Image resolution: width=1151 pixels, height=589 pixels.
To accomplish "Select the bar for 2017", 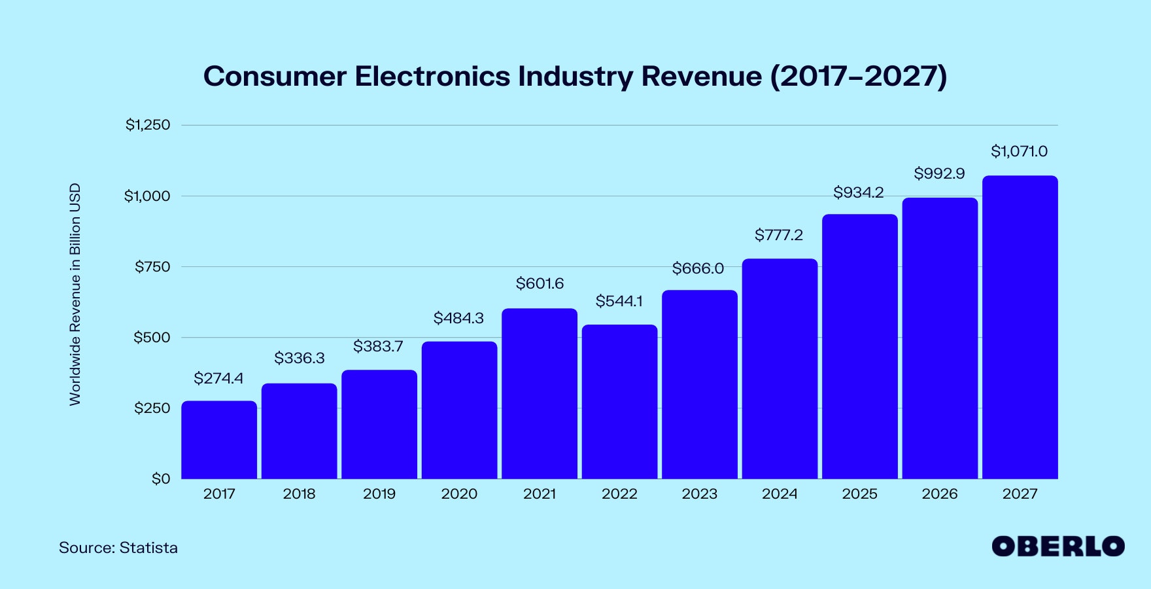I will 219,440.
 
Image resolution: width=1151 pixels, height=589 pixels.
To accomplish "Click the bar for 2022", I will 619,402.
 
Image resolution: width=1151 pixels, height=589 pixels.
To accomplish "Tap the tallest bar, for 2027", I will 1020,327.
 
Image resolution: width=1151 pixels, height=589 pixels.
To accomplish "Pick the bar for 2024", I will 780,369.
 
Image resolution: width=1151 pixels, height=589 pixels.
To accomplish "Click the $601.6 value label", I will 540,283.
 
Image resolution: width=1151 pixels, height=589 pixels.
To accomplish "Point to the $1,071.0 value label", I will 1019,152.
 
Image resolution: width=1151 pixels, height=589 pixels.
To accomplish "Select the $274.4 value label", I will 218,378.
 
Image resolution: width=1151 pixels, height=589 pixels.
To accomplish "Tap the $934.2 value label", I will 858,192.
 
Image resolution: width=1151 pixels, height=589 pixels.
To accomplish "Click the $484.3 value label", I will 458,318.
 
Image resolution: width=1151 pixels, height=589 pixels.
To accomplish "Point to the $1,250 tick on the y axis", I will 148,124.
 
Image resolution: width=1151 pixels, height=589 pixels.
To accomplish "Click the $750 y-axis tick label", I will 152,266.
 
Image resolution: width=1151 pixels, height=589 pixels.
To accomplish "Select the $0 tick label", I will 161,479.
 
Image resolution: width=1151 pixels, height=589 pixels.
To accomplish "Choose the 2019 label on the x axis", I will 379,494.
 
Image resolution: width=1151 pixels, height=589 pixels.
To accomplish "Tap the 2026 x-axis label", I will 940,494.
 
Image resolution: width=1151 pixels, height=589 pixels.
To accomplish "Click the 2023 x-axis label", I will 700,494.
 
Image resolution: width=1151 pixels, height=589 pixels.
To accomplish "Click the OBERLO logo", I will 1057,546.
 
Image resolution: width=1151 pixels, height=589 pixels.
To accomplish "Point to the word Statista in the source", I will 148,548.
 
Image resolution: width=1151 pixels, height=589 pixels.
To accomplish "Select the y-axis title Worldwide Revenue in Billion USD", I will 75,294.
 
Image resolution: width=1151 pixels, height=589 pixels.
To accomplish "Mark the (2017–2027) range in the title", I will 858,76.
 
